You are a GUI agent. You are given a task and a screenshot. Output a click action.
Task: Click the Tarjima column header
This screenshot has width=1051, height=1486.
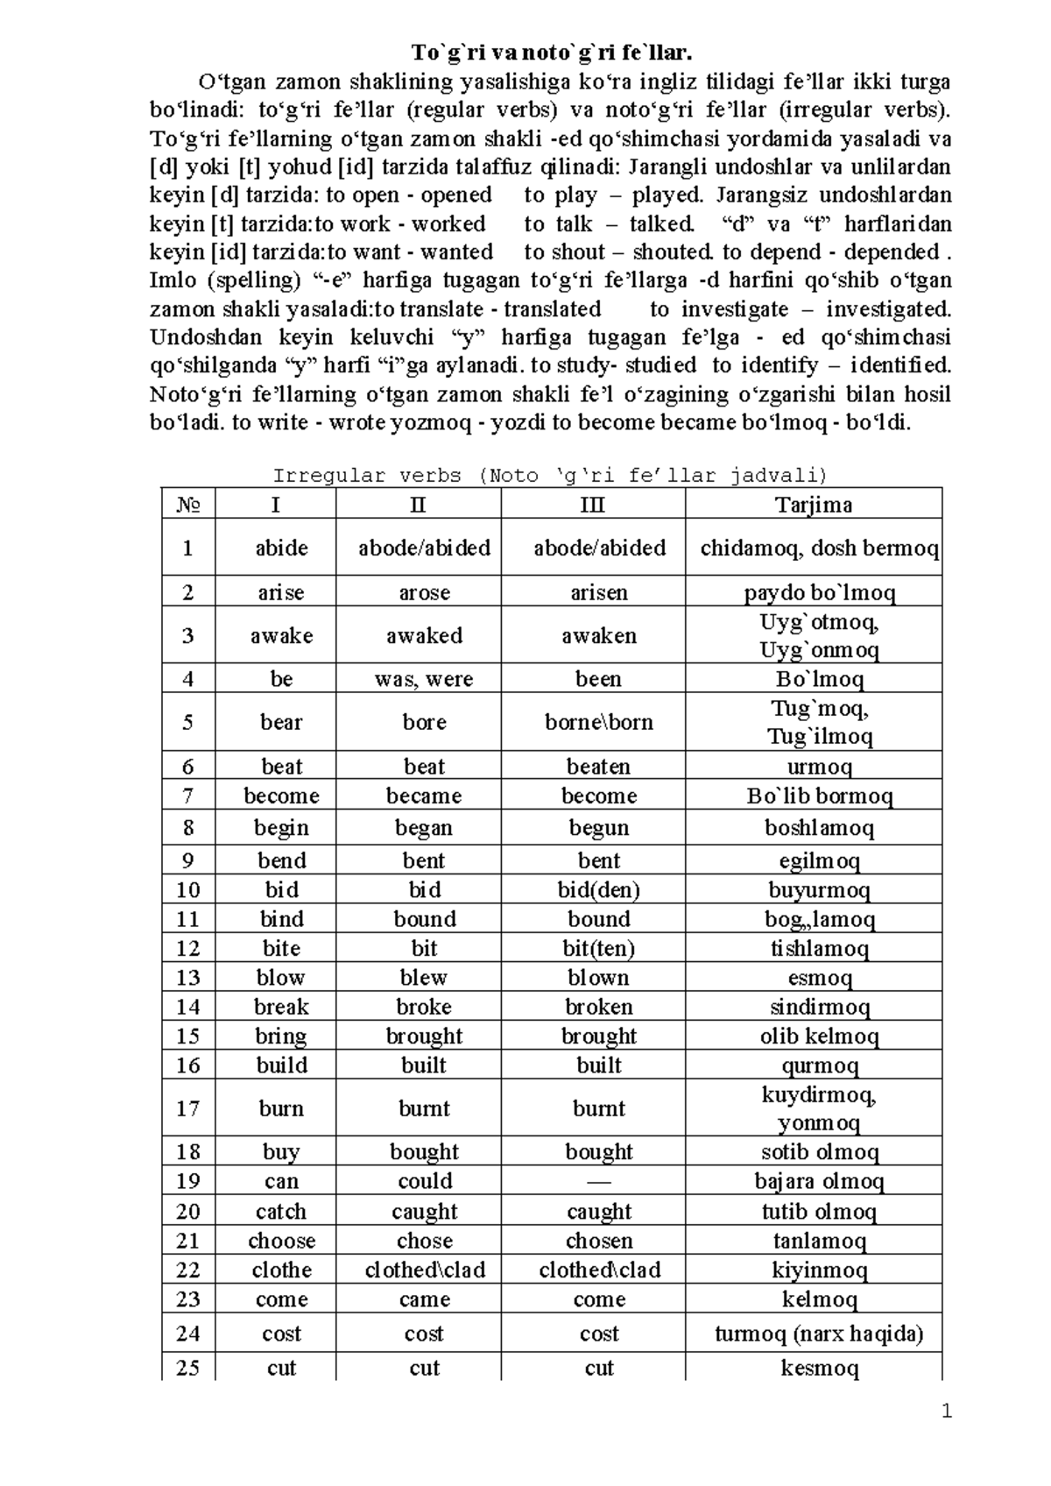(x=813, y=505)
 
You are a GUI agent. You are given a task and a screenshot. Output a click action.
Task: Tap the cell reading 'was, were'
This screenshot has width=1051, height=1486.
(x=424, y=679)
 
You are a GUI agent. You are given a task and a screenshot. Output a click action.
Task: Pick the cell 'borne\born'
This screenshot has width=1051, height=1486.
(x=599, y=722)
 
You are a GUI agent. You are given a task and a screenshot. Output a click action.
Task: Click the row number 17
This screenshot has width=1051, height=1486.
(x=187, y=1108)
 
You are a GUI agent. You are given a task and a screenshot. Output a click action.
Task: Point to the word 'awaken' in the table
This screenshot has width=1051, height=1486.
(x=599, y=635)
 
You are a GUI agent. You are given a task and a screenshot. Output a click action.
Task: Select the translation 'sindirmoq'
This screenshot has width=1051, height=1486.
(x=819, y=1007)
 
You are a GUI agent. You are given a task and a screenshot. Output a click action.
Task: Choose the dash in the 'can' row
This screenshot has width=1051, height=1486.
(x=599, y=1181)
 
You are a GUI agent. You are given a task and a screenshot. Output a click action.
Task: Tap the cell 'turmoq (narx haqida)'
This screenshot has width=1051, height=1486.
(x=819, y=1334)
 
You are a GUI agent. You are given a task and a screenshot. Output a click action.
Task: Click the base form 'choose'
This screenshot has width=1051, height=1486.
(x=281, y=1241)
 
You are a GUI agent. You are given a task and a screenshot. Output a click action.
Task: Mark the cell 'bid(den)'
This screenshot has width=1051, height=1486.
(x=599, y=890)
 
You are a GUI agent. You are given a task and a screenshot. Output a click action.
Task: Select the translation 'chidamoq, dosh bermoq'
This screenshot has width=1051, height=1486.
(x=819, y=548)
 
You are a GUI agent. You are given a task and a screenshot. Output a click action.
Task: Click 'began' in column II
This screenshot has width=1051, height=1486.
(x=424, y=828)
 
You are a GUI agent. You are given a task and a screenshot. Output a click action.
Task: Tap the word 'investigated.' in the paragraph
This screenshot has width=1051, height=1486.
(x=888, y=309)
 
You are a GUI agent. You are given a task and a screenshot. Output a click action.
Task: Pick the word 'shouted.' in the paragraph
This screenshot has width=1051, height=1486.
(x=672, y=252)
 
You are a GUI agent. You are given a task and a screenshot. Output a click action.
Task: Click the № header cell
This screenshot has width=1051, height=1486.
(x=188, y=505)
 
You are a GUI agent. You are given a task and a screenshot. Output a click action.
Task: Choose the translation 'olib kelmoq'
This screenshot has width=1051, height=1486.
(x=819, y=1037)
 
